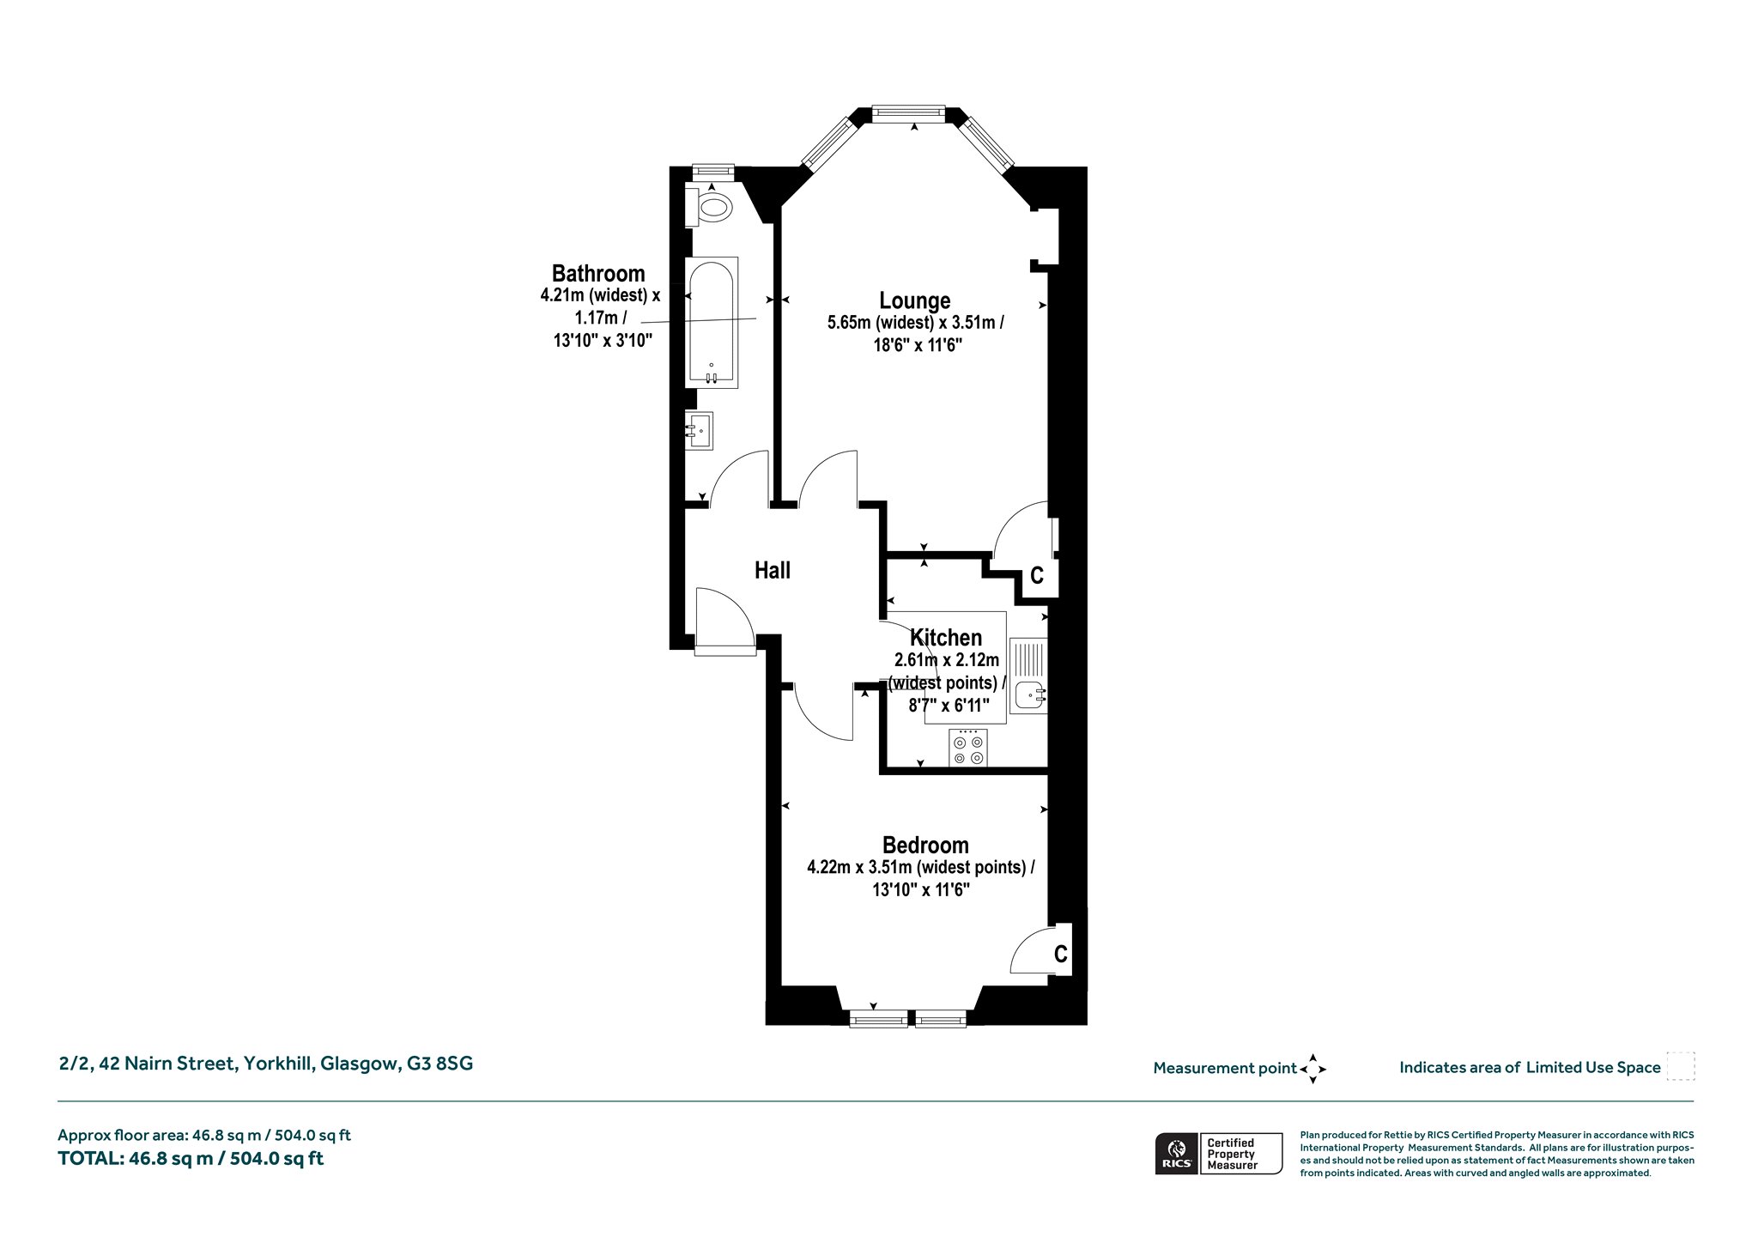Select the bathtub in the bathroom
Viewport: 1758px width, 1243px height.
(712, 322)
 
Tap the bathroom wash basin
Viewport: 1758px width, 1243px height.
(700, 430)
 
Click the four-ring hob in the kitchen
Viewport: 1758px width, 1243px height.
(968, 748)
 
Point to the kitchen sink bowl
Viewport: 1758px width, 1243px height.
(1028, 694)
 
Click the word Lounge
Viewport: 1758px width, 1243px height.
(914, 300)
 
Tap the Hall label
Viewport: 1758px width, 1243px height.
(773, 570)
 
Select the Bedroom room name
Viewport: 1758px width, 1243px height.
(925, 846)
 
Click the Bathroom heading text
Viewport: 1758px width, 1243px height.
(598, 273)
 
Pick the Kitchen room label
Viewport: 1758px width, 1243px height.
(946, 638)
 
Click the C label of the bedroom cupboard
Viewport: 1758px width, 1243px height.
(1061, 954)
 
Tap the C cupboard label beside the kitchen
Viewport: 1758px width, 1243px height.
(1037, 575)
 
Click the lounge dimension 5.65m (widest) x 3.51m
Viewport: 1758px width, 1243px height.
(915, 323)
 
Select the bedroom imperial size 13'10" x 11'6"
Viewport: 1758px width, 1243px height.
(921, 890)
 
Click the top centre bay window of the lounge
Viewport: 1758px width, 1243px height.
(908, 112)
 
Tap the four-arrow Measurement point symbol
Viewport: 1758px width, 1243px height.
(1313, 1069)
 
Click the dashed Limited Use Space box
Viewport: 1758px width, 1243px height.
(1681, 1066)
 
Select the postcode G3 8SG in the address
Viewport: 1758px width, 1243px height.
(440, 1064)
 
